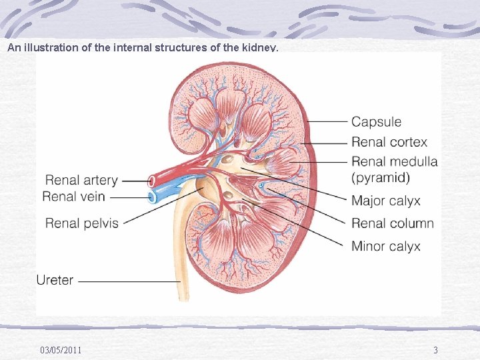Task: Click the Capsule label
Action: click(x=376, y=122)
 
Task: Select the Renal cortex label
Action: click(x=389, y=142)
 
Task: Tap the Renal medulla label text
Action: click(x=394, y=162)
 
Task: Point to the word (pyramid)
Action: click(x=381, y=178)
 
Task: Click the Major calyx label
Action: click(x=385, y=201)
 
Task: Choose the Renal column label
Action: click(x=392, y=223)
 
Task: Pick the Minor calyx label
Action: click(x=385, y=246)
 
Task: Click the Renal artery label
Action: click(x=81, y=180)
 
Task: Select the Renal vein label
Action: click(x=75, y=196)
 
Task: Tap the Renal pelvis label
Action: click(x=81, y=223)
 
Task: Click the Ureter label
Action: click(x=55, y=280)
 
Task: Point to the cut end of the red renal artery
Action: click(x=151, y=180)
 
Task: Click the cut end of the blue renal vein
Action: click(x=153, y=197)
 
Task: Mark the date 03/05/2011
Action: click(x=61, y=350)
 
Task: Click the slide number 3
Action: click(x=435, y=350)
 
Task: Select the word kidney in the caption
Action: click(x=260, y=48)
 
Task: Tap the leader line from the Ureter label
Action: click(x=127, y=281)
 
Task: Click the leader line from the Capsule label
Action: click(x=327, y=122)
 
